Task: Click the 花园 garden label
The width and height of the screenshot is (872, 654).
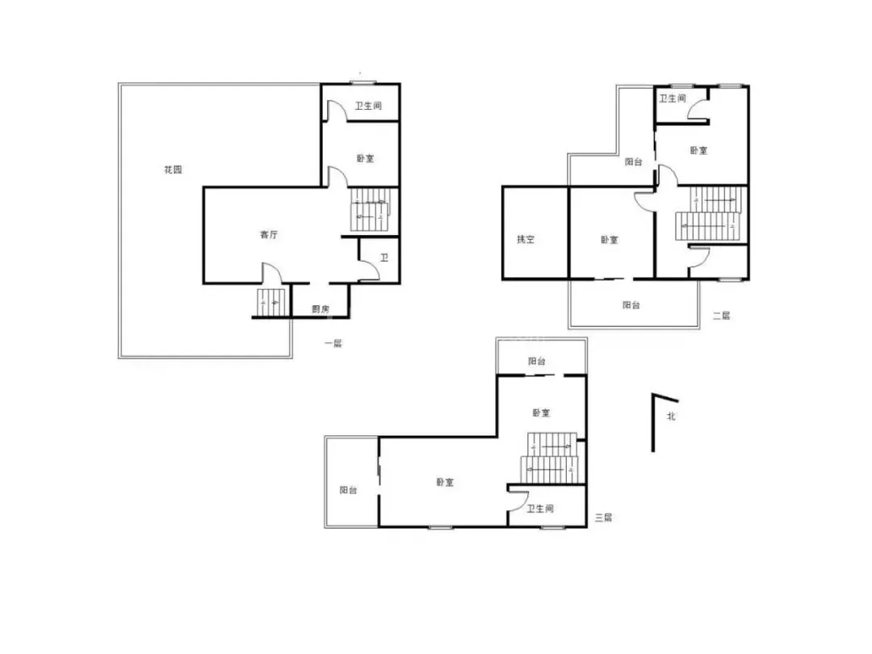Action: [x=173, y=170]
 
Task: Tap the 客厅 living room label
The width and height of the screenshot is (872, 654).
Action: [x=269, y=235]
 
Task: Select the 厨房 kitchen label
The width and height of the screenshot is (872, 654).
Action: [x=321, y=309]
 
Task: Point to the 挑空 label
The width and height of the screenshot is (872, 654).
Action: [x=526, y=239]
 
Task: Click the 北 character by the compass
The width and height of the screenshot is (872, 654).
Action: [x=671, y=416]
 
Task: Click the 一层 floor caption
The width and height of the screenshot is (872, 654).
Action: [x=333, y=343]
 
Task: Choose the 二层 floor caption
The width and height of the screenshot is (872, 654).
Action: [x=721, y=316]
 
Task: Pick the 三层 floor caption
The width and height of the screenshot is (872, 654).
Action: [x=603, y=518]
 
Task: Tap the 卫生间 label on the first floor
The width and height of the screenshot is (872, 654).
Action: [x=369, y=106]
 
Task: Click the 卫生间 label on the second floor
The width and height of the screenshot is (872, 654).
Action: [x=673, y=99]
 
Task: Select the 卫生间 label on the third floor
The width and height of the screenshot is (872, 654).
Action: [x=540, y=509]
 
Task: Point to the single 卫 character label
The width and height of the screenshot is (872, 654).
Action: [x=384, y=258]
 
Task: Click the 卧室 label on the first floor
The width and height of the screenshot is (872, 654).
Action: [x=366, y=158]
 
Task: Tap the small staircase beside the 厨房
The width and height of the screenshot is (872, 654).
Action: [x=270, y=303]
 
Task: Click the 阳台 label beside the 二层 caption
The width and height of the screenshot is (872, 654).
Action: [x=631, y=304]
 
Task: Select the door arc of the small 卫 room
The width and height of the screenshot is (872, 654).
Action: [x=373, y=269]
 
